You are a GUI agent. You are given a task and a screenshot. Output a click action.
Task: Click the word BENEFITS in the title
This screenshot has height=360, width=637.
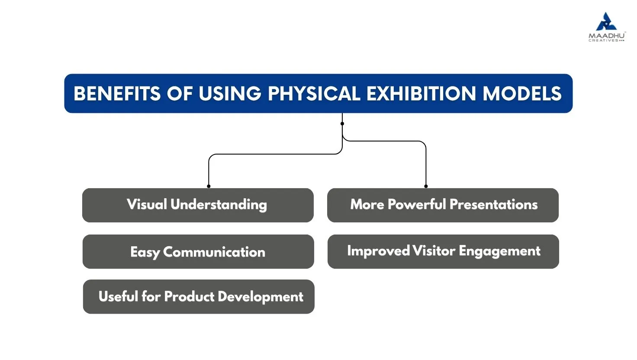tap(117, 93)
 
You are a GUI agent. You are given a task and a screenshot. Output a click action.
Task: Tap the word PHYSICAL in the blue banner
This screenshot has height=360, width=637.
tap(314, 93)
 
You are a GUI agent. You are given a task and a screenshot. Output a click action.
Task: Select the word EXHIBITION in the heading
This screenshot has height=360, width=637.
tap(421, 93)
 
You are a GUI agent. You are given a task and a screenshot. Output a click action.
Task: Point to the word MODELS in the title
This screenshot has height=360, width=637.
tap(522, 93)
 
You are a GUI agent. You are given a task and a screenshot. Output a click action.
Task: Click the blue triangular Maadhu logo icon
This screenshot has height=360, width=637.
tap(606, 21)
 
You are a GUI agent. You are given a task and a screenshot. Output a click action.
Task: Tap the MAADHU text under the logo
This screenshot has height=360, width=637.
tap(607, 36)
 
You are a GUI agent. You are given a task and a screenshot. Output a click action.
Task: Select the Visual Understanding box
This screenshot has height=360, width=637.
tap(198, 205)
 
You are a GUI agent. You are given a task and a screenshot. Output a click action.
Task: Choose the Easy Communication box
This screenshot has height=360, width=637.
tap(198, 252)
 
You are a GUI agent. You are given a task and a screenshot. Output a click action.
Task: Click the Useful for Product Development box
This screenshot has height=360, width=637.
tap(199, 296)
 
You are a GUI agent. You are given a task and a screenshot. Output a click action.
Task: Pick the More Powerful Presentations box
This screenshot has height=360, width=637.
tap(443, 205)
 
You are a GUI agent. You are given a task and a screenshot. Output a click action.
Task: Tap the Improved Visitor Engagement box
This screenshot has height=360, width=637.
tap(443, 252)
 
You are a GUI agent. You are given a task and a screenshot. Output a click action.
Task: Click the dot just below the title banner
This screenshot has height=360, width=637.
tap(342, 124)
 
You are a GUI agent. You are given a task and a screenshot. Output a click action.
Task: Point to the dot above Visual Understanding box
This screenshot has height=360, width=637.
tap(209, 186)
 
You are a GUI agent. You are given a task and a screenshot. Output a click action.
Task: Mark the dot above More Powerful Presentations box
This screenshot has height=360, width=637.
tap(426, 186)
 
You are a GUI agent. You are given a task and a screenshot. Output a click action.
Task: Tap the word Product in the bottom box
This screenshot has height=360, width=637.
tap(189, 296)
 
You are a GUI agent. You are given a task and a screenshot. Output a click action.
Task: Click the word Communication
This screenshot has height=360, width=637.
tap(214, 252)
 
